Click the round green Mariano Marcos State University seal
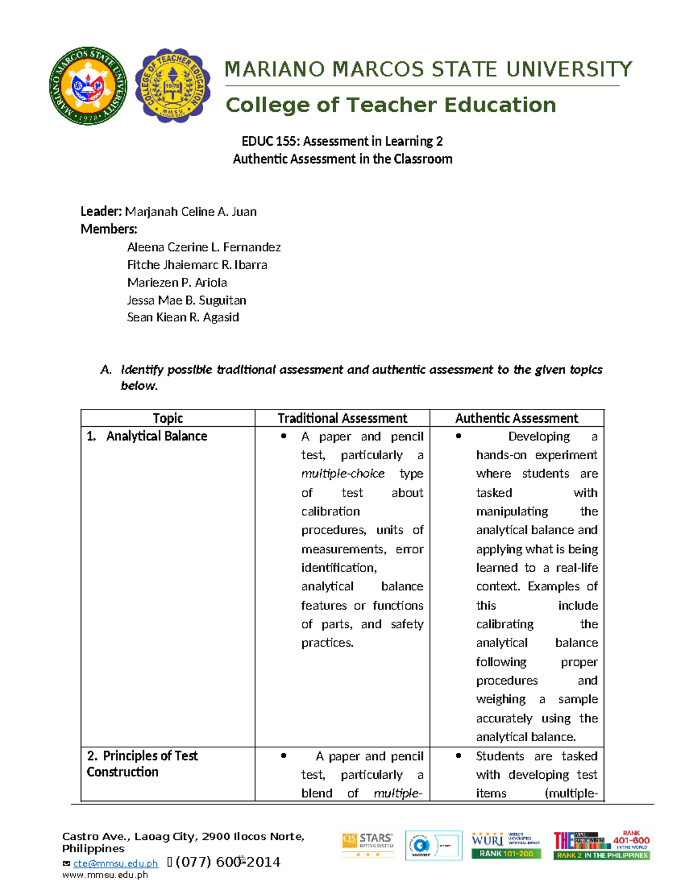coord(88,86)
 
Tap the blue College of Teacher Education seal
coord(172,86)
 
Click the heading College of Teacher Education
coord(390,105)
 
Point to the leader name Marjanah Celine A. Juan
coord(191,212)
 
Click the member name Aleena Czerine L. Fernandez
coord(204,247)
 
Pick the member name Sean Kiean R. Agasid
coord(183,317)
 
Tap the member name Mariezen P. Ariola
coord(177,282)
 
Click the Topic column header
coord(168,418)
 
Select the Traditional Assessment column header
coord(342,418)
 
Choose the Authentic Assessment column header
coord(517,418)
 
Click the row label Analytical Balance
coord(156,436)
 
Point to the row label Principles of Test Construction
coord(142,763)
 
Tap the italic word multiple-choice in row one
coord(342,474)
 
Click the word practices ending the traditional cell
coord(327,643)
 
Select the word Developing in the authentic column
coord(539,436)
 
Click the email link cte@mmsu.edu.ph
coord(115,864)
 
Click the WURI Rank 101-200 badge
coord(506,845)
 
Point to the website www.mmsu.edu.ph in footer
coord(105,875)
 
